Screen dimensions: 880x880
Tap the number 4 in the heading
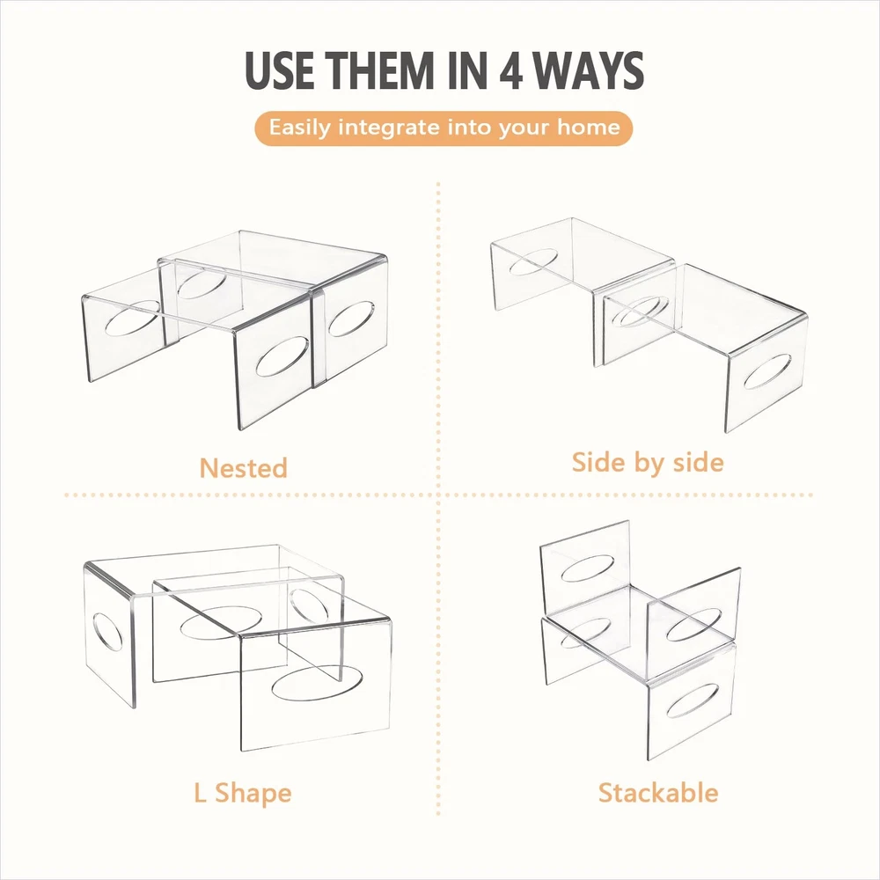pyautogui.click(x=511, y=70)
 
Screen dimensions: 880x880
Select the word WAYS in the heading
pyautogui.click(x=588, y=70)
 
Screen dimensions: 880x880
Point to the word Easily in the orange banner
pyautogui.click(x=300, y=128)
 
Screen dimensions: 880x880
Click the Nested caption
pyautogui.click(x=244, y=468)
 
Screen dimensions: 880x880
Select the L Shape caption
pyautogui.click(x=243, y=794)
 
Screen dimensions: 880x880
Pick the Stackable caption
pyautogui.click(x=658, y=793)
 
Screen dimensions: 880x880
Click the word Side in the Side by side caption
pyautogui.click(x=598, y=463)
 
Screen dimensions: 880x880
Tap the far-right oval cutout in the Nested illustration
pyautogui.click(x=351, y=319)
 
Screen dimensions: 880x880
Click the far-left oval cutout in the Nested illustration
pyautogui.click(x=133, y=319)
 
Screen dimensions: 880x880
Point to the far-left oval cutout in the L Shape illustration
pyautogui.click(x=107, y=632)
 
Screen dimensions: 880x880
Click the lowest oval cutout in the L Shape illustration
pyautogui.click(x=317, y=684)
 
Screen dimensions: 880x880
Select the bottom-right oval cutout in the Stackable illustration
pyautogui.click(x=693, y=700)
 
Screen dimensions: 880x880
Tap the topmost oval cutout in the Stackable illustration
pyautogui.click(x=588, y=568)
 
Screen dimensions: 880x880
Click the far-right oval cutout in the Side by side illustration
pyautogui.click(x=767, y=371)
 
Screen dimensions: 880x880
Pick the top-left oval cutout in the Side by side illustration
pyautogui.click(x=533, y=261)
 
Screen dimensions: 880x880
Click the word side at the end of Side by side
pyautogui.click(x=698, y=463)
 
